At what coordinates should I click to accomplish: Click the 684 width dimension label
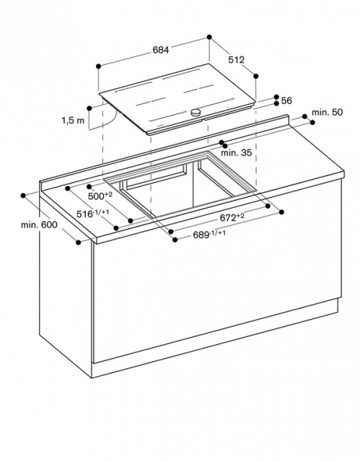click(161, 50)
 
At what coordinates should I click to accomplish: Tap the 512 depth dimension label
click(237, 60)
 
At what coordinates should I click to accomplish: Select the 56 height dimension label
click(286, 101)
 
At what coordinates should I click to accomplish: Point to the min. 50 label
click(327, 113)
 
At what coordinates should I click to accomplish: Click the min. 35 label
click(237, 152)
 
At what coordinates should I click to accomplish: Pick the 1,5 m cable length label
click(73, 121)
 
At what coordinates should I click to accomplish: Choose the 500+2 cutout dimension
click(100, 196)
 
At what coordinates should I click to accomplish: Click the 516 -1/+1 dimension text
click(93, 214)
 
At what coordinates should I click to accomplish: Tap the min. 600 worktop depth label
click(39, 225)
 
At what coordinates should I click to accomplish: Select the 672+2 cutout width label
click(232, 217)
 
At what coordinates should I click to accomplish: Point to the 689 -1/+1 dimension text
click(209, 235)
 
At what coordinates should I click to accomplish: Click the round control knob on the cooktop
click(196, 113)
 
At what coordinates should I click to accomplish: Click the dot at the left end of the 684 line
click(99, 66)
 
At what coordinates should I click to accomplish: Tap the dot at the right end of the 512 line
click(256, 77)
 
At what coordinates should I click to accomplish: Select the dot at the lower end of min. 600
click(79, 243)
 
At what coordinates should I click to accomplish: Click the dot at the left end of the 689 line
click(175, 240)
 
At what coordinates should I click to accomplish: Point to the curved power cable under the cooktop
click(113, 121)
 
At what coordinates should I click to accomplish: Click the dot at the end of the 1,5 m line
click(89, 108)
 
